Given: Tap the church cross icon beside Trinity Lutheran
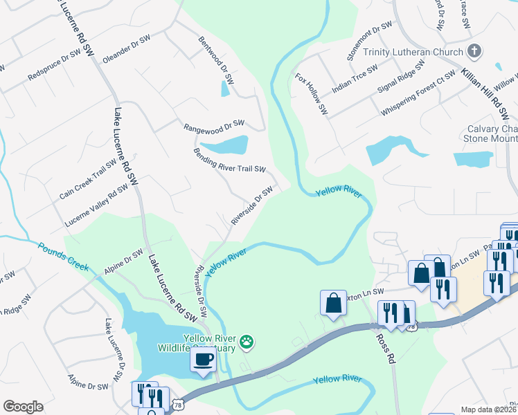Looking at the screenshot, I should point(474,50).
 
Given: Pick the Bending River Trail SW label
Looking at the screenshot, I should point(229,160).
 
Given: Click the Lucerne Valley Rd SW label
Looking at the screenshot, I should point(96,205).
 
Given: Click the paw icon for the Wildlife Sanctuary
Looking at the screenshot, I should point(247,341).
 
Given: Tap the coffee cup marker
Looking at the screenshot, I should point(203,360).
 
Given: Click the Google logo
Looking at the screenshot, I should point(22,407).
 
